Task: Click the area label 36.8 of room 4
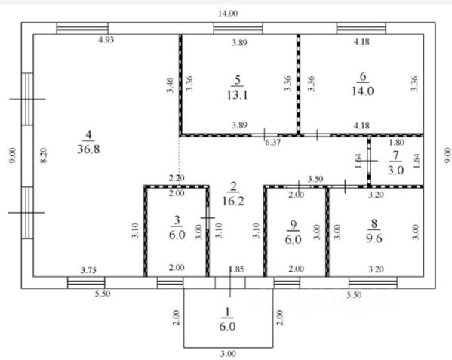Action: click(89, 149)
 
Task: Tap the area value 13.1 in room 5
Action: click(237, 94)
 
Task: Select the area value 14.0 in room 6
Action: click(363, 91)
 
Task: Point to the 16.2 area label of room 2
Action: click(233, 201)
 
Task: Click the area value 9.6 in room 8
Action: click(374, 238)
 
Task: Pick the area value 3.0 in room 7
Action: click(395, 171)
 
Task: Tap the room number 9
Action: click(294, 225)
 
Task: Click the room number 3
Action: click(177, 220)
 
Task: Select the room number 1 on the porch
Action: click(228, 312)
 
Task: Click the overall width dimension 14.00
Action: click(228, 14)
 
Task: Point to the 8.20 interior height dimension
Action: click(43, 155)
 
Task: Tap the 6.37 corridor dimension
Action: click(272, 143)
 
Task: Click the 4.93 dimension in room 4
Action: click(106, 39)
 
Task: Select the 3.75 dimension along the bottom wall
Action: click(88, 270)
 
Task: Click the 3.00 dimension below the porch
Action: click(228, 354)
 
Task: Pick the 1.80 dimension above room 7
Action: click(397, 142)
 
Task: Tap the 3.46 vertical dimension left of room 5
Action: click(170, 85)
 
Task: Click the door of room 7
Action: click(369, 161)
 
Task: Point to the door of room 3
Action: click(208, 218)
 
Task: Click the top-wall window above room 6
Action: click(361, 28)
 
